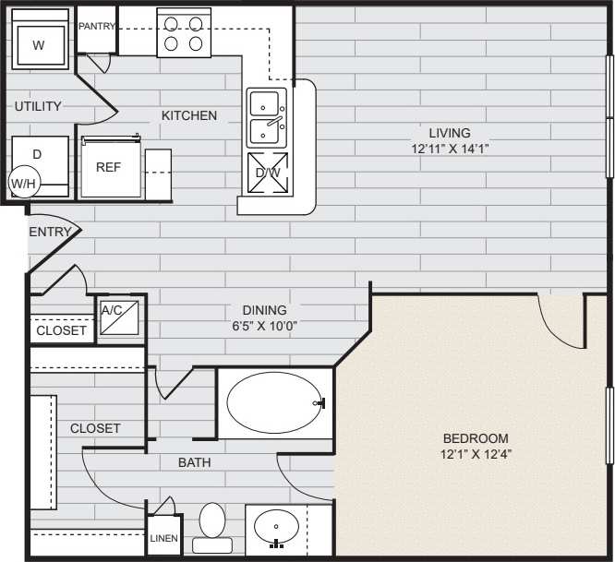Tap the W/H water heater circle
tap(23, 183)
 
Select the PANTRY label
tap(96, 27)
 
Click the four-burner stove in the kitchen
tap(184, 32)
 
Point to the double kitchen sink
tap(268, 118)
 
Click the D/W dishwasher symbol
tap(268, 173)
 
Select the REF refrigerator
tap(109, 168)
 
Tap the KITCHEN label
tap(189, 115)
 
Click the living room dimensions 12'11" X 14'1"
tap(450, 148)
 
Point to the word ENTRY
tap(50, 232)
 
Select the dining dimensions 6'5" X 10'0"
tap(264, 326)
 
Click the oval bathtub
tap(275, 402)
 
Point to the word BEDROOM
tap(476, 437)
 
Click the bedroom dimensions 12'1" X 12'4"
tap(476, 454)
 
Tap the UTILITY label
tap(38, 106)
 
